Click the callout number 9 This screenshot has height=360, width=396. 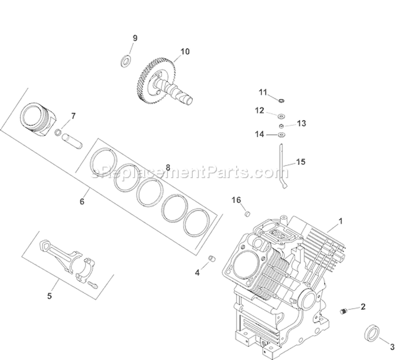[x=135, y=38]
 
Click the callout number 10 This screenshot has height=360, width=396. [x=184, y=52]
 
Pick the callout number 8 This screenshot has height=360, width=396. [x=168, y=168]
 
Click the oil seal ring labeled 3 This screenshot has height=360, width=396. [x=372, y=336]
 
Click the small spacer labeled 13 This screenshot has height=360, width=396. [x=282, y=126]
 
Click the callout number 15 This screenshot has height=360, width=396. [x=300, y=162]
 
